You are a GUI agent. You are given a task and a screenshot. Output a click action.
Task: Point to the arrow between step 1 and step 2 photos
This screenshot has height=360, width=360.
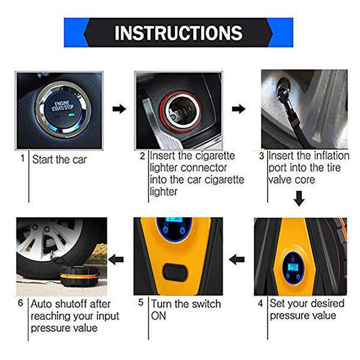(119, 109)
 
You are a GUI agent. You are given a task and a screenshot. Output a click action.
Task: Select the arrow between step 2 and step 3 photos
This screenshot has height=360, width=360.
(239, 109)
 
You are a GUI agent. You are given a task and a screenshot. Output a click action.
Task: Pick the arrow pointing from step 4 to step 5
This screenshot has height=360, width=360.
(238, 259)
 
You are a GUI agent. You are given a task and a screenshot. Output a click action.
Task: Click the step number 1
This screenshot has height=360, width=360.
(23, 159)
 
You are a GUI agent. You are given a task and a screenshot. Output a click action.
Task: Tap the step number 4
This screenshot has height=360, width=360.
(260, 304)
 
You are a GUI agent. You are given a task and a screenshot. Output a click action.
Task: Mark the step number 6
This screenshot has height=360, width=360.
(21, 304)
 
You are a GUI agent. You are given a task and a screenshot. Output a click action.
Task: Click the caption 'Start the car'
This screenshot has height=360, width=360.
(59, 160)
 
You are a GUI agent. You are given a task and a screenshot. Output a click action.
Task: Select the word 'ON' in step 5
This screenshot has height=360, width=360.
(159, 316)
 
